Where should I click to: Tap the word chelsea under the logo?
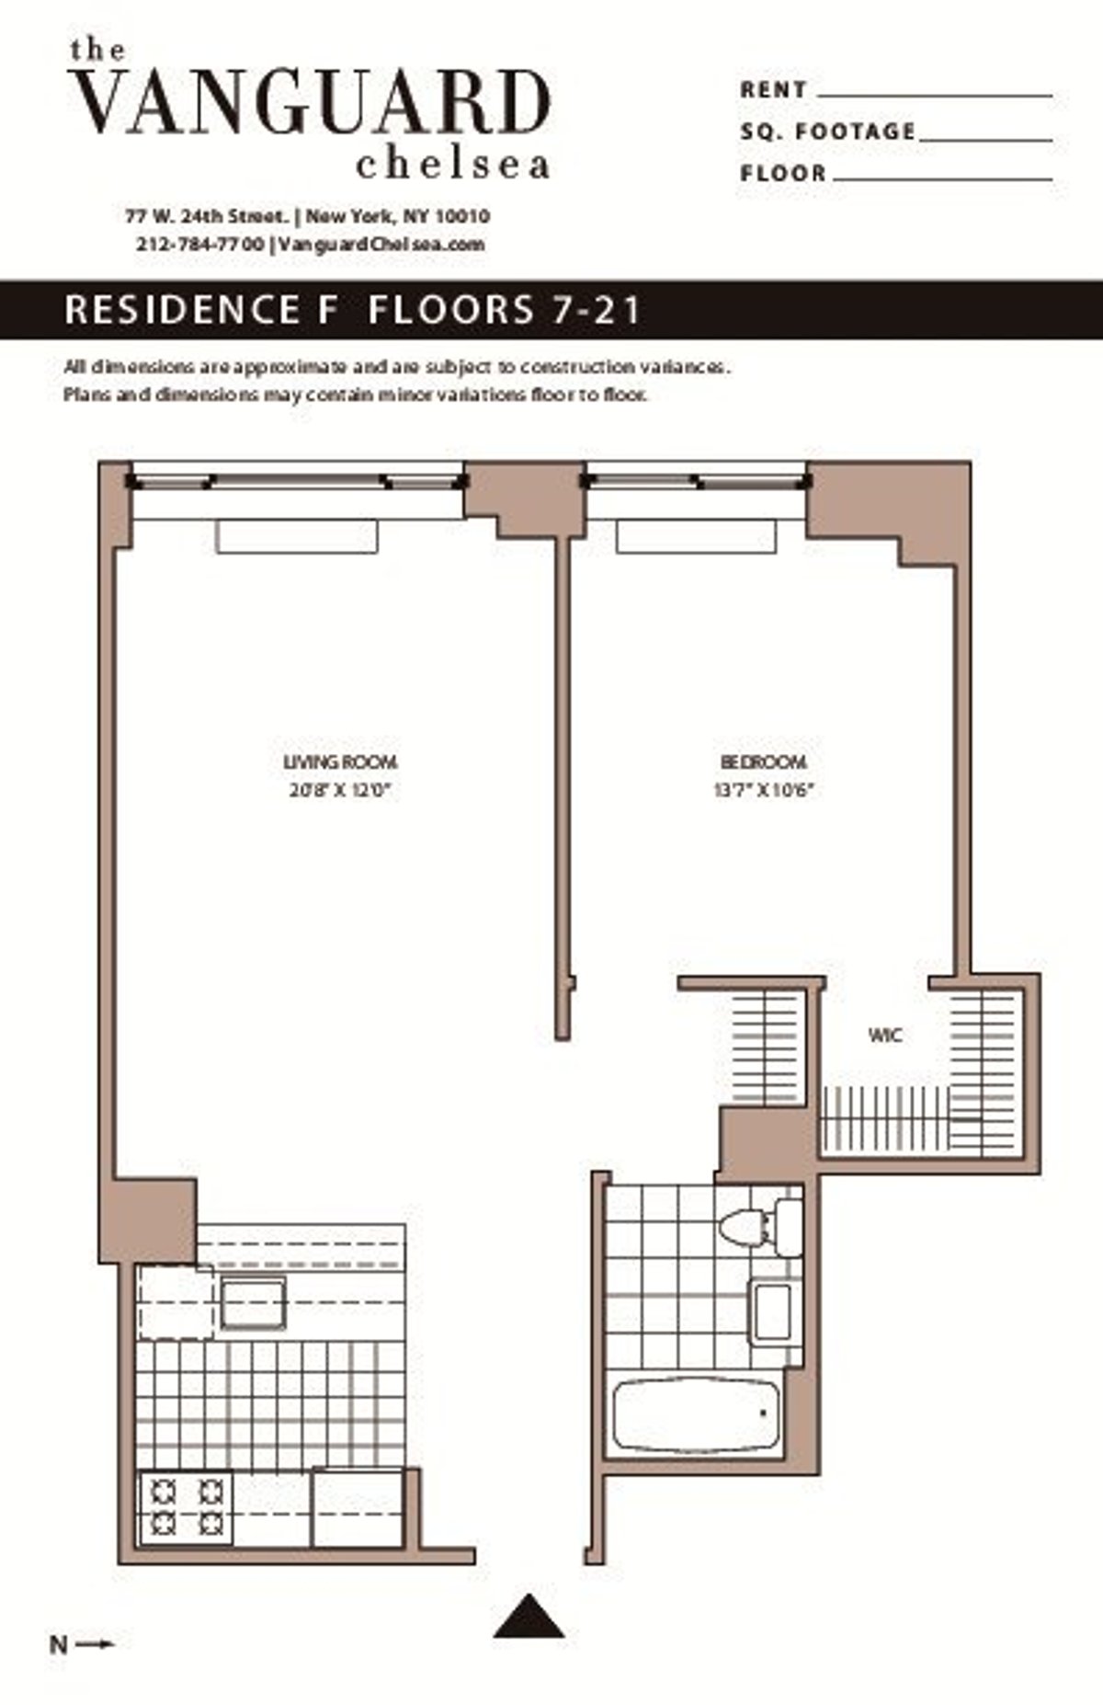coord(452,165)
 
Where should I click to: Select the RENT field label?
coord(773,90)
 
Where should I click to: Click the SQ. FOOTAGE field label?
coord(828,132)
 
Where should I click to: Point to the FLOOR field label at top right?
coord(783,173)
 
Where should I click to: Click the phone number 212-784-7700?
coord(200,245)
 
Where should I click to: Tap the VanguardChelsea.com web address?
coord(381,245)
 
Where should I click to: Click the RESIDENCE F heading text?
coord(183,310)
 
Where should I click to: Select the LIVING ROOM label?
coord(340,762)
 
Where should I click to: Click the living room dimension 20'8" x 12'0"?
coord(340,789)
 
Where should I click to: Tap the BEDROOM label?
coord(763,762)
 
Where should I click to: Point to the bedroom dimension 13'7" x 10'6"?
coord(764,789)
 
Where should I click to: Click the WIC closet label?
coord(885,1036)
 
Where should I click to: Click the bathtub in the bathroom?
coord(696,1414)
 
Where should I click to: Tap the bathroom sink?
coord(772,1310)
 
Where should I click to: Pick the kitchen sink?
coord(253,1303)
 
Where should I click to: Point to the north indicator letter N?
coord(58,1644)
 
